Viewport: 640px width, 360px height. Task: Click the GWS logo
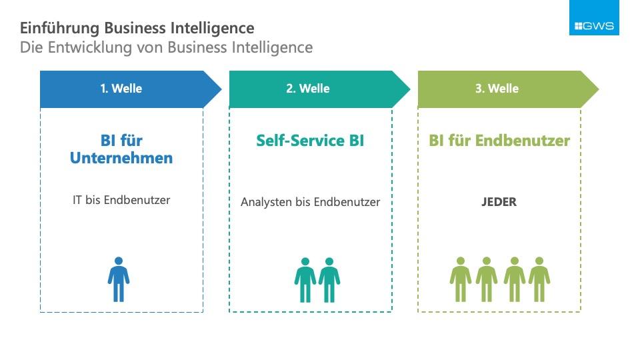tap(594, 17)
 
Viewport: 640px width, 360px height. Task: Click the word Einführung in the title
tap(59, 29)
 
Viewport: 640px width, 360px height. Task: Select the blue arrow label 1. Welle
tap(121, 89)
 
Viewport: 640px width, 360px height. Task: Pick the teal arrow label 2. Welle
tap(308, 89)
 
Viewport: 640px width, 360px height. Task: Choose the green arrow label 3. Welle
tap(497, 89)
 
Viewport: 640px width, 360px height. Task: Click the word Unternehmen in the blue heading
tap(121, 158)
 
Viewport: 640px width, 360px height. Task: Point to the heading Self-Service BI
tap(310, 141)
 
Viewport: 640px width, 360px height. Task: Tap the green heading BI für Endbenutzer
tap(499, 141)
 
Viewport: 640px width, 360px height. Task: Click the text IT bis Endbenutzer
tap(121, 200)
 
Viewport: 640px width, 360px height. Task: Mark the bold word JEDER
tap(499, 202)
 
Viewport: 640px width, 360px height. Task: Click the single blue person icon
tap(119, 279)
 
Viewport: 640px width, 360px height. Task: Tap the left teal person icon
tap(305, 280)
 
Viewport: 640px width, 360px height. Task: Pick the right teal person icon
tap(329, 280)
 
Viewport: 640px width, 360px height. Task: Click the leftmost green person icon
tap(461, 279)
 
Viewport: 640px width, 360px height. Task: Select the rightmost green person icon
tap(539, 279)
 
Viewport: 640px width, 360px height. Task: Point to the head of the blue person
tap(119, 261)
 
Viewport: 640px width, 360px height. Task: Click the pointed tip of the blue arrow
tap(221, 89)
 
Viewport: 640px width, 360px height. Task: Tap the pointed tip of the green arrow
tap(599, 89)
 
